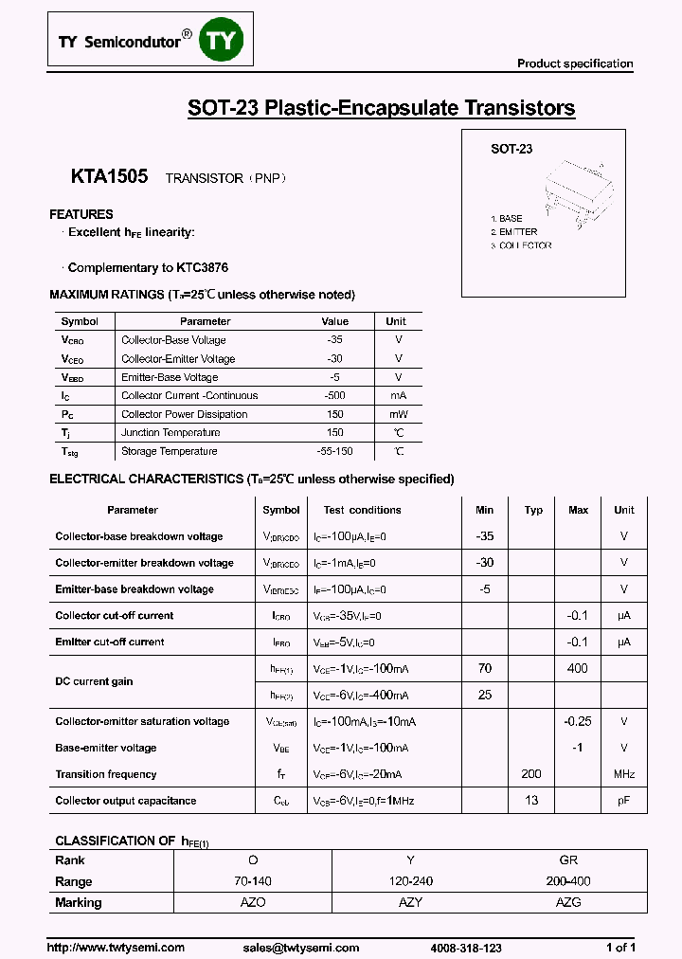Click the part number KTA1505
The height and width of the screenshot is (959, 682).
[109, 176]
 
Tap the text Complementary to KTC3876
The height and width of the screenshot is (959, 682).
[148, 268]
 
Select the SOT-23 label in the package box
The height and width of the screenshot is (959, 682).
[511, 149]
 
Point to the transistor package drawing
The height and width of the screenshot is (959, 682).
[568, 190]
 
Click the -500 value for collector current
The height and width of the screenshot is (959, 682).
[334, 396]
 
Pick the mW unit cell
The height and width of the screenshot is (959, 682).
[398, 415]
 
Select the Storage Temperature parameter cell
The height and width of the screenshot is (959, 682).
[170, 452]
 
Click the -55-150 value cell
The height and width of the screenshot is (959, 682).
[334, 452]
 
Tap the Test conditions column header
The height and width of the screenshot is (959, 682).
[362, 510]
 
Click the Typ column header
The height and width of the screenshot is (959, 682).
[533, 510]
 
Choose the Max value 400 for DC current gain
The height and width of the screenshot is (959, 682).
[578, 669]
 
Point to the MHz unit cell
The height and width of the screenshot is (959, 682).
[624, 774]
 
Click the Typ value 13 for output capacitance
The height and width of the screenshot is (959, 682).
[532, 801]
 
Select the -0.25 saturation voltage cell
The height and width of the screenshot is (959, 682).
[578, 721]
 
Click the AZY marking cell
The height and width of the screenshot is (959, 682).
[410, 903]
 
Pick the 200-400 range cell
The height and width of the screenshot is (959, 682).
[568, 881]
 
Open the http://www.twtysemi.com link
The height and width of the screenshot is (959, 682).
[116, 948]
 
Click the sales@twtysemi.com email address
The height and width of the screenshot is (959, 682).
[301, 948]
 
